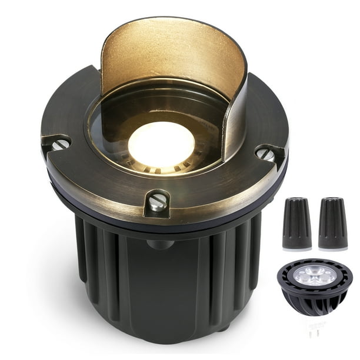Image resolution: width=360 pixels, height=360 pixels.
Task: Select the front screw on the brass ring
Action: [x=156, y=203]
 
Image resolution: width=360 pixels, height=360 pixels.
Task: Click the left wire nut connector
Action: [x=296, y=224]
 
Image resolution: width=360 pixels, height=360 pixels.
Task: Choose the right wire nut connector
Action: [x=333, y=224]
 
